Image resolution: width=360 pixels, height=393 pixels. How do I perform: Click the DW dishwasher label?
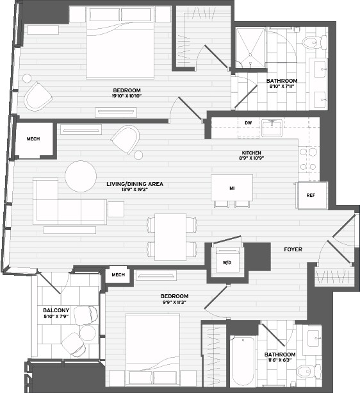[248, 123]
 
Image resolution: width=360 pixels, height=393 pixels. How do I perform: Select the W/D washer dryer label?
[227, 263]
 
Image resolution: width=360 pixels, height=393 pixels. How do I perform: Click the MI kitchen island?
[232, 188]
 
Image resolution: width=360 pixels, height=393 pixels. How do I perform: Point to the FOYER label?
[293, 249]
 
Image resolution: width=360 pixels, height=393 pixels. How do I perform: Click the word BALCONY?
[56, 310]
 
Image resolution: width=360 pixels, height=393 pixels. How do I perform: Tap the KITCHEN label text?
[251, 153]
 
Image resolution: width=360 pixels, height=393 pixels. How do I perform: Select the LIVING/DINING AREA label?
[135, 184]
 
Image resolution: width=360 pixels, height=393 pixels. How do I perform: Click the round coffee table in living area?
[81, 176]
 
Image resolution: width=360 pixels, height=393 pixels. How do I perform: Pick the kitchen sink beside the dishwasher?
[272, 128]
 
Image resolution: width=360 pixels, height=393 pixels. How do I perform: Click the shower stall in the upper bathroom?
[250, 47]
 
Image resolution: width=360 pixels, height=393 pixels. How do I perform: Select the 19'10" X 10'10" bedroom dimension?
[127, 96]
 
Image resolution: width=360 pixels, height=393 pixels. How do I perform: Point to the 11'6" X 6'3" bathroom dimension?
[280, 360]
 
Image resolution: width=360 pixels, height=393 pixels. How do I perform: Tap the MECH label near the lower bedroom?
[118, 274]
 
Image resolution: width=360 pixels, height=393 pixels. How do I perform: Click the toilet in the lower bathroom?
[308, 371]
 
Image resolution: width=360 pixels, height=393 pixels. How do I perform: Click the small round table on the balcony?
[88, 333]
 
